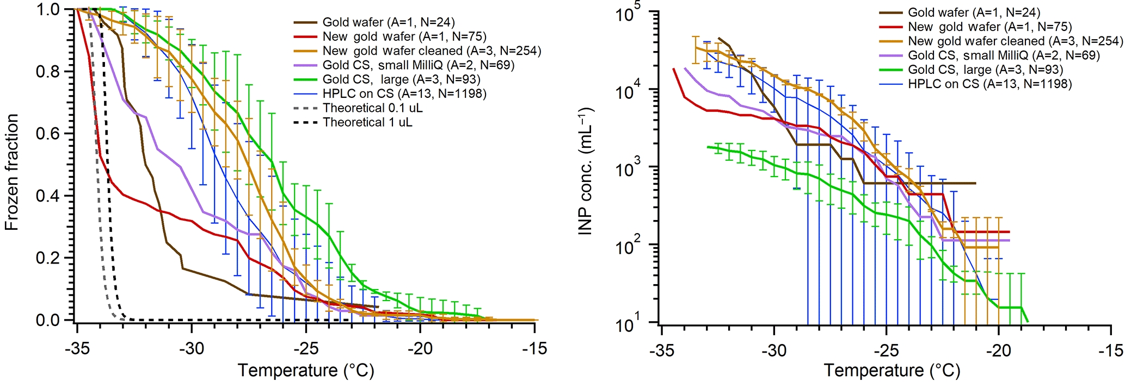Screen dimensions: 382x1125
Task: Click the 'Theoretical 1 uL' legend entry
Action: click(367, 122)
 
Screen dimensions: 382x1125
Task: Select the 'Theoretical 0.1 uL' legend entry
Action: click(373, 108)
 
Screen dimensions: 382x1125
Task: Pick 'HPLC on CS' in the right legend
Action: click(989, 84)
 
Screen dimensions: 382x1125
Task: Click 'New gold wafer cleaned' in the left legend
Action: click(432, 51)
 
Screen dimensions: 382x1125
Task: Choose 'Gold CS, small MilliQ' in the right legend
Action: click(1004, 55)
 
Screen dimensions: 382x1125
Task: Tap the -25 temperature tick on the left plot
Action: click(306, 348)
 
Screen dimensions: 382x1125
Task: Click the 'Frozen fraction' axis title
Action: click(12, 172)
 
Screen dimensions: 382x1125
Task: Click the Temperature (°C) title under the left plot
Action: click(306, 371)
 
